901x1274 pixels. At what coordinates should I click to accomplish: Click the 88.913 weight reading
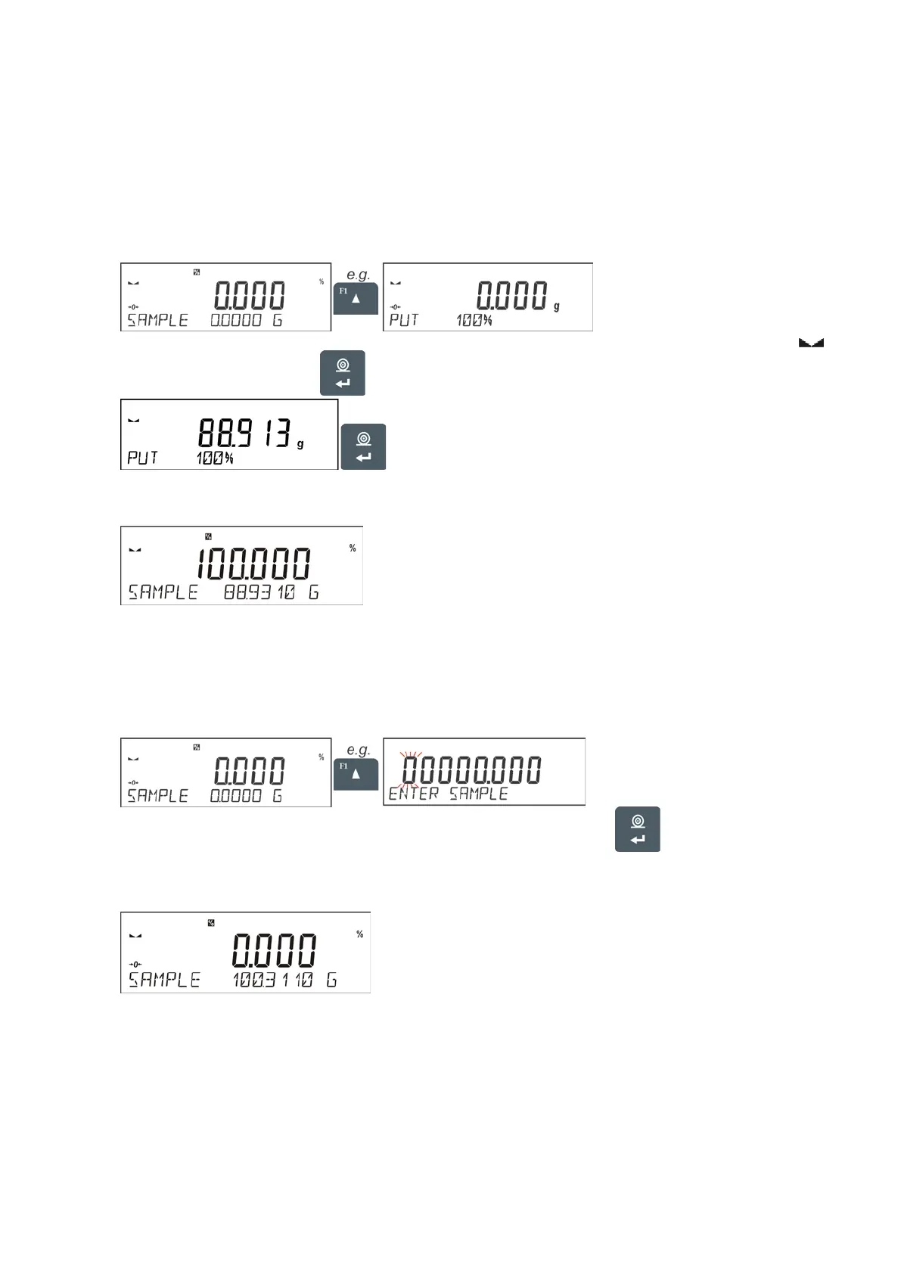click(x=244, y=433)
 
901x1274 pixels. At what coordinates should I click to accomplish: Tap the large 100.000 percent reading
click(x=253, y=564)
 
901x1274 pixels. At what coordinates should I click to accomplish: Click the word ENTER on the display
click(x=413, y=794)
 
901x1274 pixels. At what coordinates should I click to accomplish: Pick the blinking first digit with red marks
click(x=411, y=770)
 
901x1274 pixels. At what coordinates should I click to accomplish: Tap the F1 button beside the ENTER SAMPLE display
click(x=356, y=772)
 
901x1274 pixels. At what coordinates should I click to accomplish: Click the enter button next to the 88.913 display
click(x=364, y=446)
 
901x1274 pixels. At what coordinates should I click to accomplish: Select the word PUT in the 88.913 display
click(x=142, y=458)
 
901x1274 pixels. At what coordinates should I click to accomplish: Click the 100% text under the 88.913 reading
click(x=215, y=458)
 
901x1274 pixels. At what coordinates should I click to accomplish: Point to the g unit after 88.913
click(x=300, y=444)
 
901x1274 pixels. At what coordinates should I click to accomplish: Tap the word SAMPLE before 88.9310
click(x=163, y=592)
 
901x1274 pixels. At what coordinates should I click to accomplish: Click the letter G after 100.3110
click(x=331, y=980)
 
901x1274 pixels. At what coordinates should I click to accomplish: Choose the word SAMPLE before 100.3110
click(x=164, y=980)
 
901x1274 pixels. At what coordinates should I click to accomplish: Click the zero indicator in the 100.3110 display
click(x=135, y=964)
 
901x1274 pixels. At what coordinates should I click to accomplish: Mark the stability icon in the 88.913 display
click(x=134, y=420)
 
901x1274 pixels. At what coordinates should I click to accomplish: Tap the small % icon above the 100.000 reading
click(x=208, y=537)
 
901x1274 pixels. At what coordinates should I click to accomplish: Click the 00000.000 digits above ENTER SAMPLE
click(x=471, y=770)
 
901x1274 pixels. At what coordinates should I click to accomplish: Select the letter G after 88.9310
click(x=313, y=592)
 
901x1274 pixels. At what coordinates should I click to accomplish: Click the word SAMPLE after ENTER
click(x=478, y=794)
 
